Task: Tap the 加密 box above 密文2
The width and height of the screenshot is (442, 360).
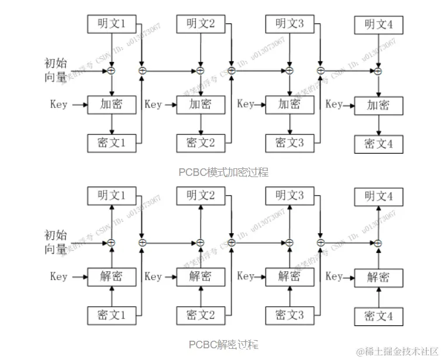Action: click(x=201, y=105)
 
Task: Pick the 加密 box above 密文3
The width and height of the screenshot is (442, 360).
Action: click(x=289, y=105)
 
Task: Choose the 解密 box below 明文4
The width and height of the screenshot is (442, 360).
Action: click(x=378, y=277)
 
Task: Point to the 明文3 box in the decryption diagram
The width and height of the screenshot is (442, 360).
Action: click(x=289, y=195)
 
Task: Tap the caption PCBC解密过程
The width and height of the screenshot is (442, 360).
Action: click(x=223, y=344)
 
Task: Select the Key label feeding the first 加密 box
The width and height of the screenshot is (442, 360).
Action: click(x=58, y=105)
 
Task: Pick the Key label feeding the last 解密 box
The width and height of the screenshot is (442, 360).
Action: click(x=334, y=276)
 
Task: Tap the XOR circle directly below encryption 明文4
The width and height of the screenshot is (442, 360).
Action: click(x=378, y=71)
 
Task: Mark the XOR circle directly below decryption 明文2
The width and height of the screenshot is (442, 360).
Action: click(x=201, y=242)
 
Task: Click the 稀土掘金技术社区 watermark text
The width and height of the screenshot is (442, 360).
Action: click(x=400, y=351)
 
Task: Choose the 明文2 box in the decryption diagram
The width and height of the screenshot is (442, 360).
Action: click(x=201, y=195)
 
